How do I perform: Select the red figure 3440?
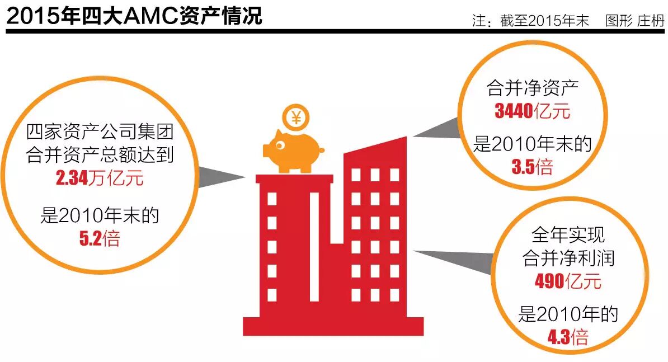pos(514,111)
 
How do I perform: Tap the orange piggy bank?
pos(294,150)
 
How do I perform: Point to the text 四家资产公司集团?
pos(100,133)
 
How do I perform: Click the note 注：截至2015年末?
pos(530,21)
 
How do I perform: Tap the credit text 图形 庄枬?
pos(634,21)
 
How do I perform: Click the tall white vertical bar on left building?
pos(314,247)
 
